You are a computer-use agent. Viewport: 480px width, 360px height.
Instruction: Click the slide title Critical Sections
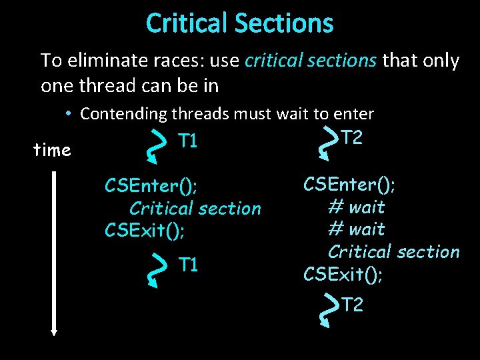(239, 23)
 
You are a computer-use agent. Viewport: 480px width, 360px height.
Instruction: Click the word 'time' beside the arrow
(52, 151)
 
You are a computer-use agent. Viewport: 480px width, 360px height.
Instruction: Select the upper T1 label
(188, 141)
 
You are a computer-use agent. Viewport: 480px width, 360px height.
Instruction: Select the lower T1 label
(188, 265)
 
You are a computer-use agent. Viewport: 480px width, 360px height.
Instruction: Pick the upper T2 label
(352, 138)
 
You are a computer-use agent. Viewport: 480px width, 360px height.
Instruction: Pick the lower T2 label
(352, 305)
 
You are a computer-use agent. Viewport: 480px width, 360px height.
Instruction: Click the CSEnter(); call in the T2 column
(349, 183)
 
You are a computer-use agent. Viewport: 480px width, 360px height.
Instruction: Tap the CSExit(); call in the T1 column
(145, 231)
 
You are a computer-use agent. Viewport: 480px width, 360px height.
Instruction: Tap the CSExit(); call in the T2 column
(343, 274)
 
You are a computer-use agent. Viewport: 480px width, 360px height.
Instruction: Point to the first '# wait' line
(357, 207)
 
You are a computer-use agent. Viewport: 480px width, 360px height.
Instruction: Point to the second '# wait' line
(357, 229)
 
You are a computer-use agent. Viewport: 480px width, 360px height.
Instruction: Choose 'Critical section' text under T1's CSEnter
(195, 208)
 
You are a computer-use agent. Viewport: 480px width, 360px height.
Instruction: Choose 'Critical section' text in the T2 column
(393, 251)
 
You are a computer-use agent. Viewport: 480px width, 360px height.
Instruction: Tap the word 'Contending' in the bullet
(123, 114)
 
